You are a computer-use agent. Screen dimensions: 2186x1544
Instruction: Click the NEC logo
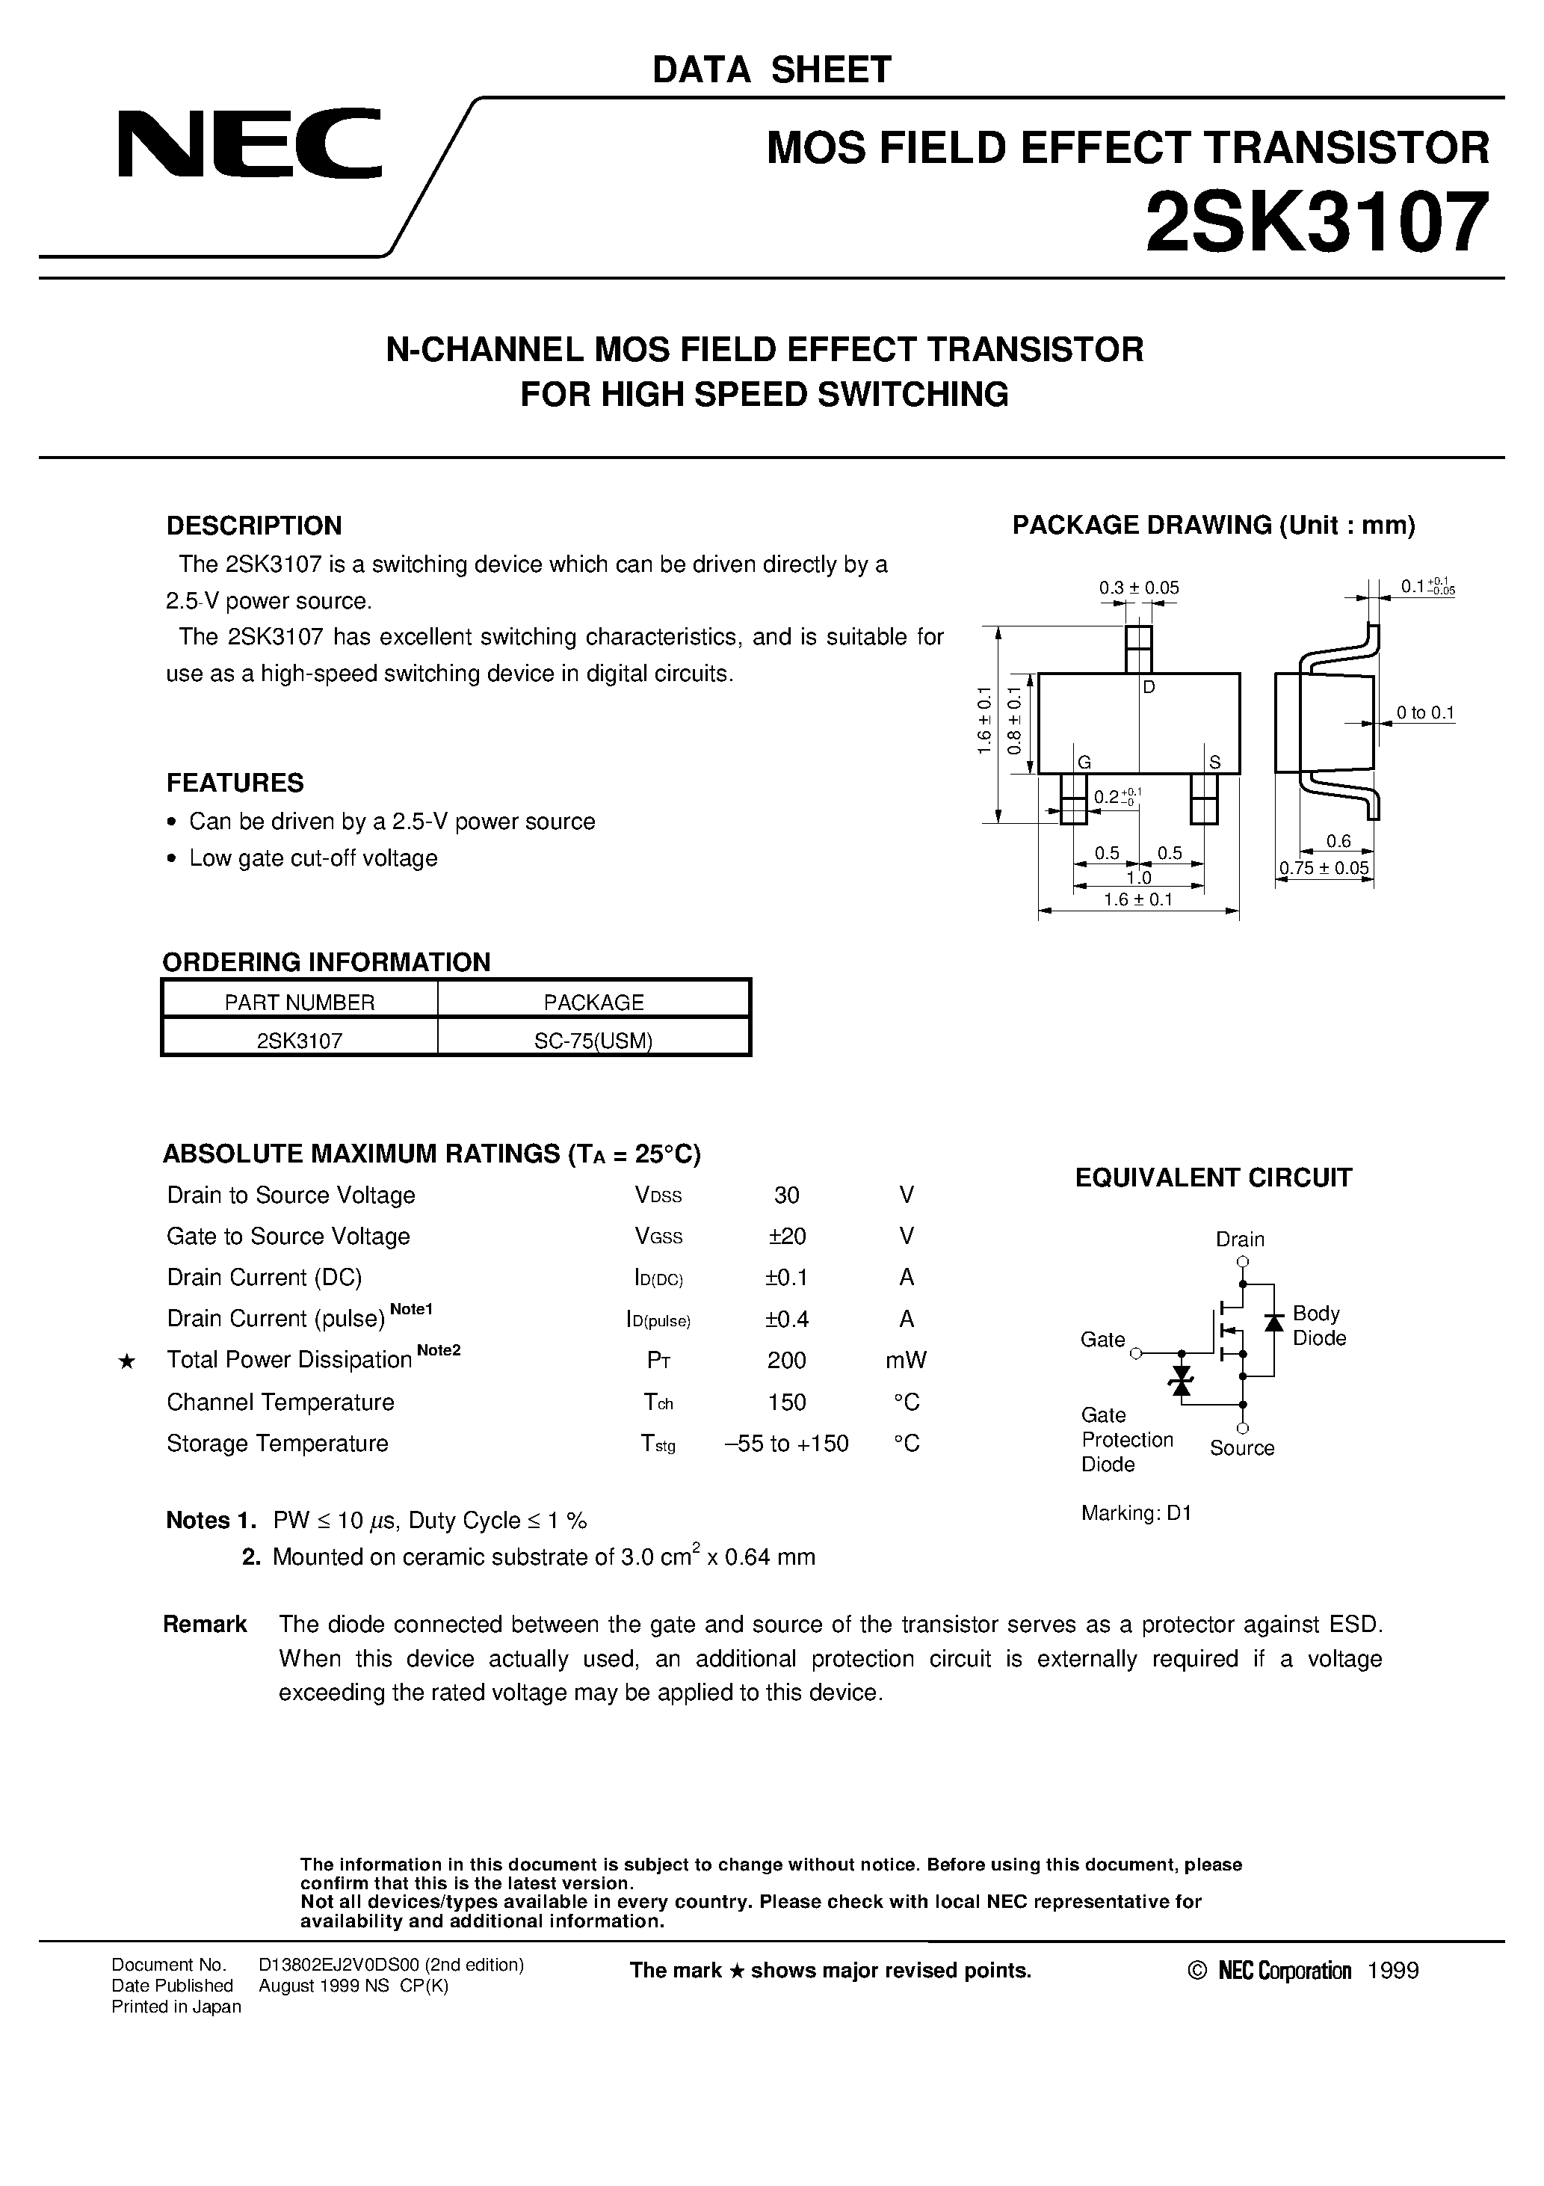pyautogui.click(x=250, y=145)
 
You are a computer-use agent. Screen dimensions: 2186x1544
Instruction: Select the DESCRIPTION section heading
pyautogui.click(x=253, y=526)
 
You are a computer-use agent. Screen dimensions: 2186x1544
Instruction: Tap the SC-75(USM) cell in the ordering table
pyautogui.click(x=593, y=1041)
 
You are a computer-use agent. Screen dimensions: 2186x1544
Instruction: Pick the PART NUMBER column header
pyautogui.click(x=299, y=1003)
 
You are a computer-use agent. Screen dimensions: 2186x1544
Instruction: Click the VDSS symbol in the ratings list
pyautogui.click(x=658, y=1196)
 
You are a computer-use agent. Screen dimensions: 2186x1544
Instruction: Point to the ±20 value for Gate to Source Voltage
pyautogui.click(x=786, y=1237)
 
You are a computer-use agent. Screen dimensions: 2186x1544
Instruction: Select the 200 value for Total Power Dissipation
pyautogui.click(x=786, y=1361)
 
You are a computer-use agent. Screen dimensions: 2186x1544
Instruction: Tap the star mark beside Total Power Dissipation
pyautogui.click(x=126, y=1362)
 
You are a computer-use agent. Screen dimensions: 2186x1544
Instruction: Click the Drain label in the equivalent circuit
pyautogui.click(x=1239, y=1239)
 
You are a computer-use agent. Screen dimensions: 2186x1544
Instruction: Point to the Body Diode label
pyautogui.click(x=1318, y=1326)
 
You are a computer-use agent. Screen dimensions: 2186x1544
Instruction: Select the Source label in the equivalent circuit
pyautogui.click(x=1241, y=1448)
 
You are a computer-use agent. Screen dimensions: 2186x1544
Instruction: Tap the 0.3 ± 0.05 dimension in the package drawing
pyautogui.click(x=1138, y=588)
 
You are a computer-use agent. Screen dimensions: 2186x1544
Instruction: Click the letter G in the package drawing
pyautogui.click(x=1084, y=762)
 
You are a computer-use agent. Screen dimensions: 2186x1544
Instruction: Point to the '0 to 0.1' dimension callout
pyautogui.click(x=1425, y=712)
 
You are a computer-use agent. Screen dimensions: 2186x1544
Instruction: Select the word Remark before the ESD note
pyautogui.click(x=205, y=1625)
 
